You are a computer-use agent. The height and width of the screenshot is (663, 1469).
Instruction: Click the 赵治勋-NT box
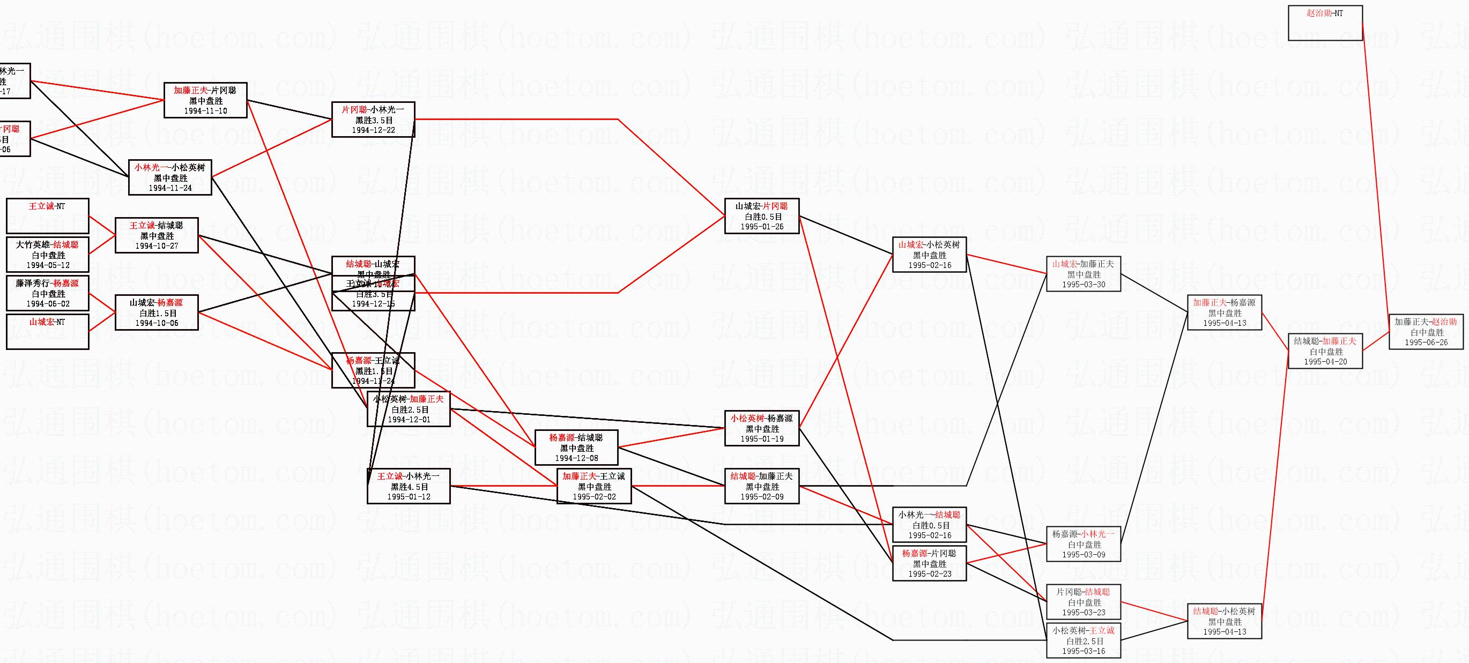1325,23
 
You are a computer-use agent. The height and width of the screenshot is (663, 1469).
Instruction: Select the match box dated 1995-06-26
1426,332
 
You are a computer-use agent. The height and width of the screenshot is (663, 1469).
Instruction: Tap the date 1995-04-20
1325,361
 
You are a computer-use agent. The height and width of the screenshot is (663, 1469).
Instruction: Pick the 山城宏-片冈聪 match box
761,216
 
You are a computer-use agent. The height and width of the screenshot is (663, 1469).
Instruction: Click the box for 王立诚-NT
47,215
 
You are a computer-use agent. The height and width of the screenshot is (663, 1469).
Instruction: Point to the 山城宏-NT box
47,331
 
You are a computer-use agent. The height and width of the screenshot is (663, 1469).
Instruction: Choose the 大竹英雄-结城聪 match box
47,254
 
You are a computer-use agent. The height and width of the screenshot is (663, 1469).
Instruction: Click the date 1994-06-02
47,304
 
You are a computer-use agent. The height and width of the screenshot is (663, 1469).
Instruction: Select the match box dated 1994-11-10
205,100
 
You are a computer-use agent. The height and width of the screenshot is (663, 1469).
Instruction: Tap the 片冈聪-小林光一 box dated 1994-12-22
373,120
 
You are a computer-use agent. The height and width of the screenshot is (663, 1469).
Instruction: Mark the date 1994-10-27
156,245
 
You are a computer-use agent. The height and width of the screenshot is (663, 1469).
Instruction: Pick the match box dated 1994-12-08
576,448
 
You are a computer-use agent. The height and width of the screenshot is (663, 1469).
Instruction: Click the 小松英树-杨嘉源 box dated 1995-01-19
761,428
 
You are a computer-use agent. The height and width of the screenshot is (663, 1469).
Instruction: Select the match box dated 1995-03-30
1083,274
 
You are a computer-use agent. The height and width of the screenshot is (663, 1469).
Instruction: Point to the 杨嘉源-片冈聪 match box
929,563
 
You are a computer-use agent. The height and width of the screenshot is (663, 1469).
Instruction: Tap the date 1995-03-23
1083,613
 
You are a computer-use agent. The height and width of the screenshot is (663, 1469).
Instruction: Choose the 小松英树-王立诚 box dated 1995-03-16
1083,641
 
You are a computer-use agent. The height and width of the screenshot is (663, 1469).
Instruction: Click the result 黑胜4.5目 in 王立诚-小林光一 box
409,487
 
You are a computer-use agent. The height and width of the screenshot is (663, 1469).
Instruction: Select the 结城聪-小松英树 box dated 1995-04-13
1224,621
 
